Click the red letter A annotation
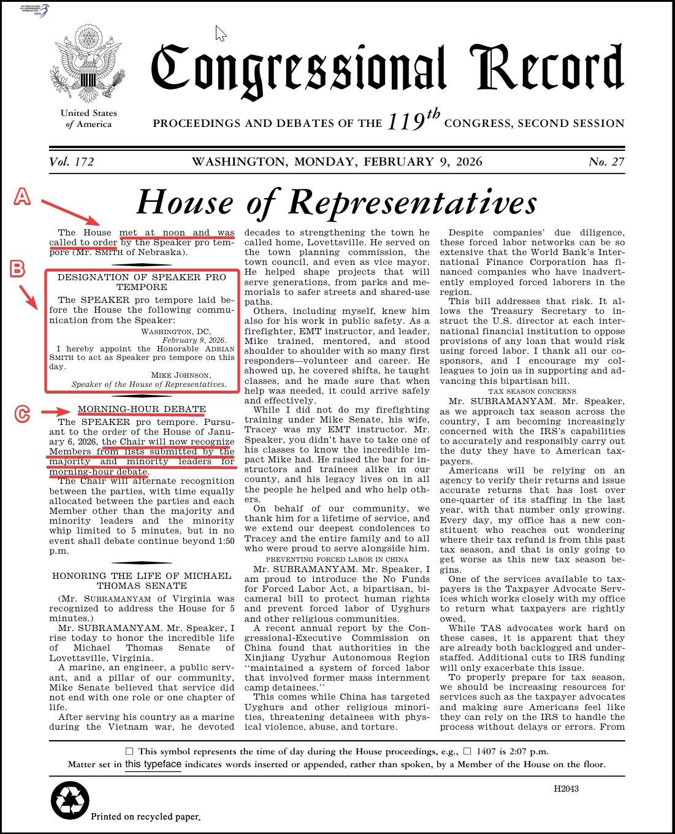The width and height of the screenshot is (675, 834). click(22, 197)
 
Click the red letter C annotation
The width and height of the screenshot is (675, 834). click(22, 415)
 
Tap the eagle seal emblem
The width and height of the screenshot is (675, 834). click(88, 64)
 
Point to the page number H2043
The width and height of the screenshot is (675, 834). click(566, 789)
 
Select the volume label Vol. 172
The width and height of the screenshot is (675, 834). click(72, 162)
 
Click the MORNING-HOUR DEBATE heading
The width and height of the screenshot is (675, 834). click(142, 409)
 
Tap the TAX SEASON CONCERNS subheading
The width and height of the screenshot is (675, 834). click(532, 391)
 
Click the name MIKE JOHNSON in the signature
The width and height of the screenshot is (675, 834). click(181, 375)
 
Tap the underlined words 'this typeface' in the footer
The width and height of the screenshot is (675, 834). click(153, 765)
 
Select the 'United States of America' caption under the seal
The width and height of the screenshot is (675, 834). click(88, 118)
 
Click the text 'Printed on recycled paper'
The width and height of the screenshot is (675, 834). click(145, 817)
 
